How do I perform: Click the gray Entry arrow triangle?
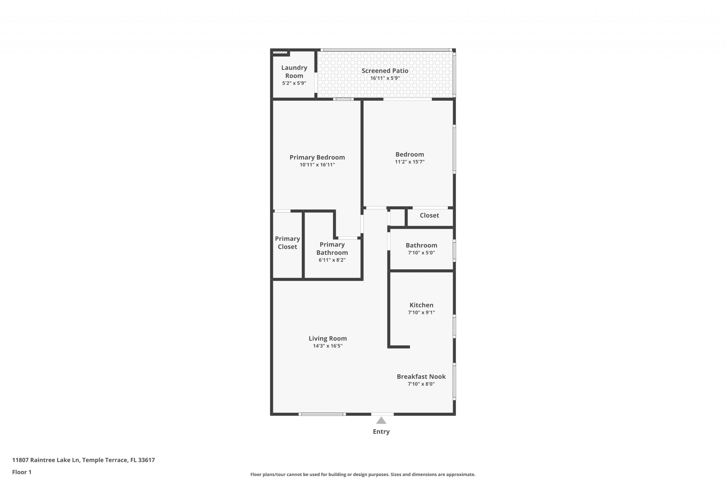coord(381,420)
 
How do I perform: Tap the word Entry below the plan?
coord(381,432)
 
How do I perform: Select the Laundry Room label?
coord(294,72)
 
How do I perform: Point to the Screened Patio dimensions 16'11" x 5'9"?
coord(385,78)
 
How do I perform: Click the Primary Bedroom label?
coord(317,157)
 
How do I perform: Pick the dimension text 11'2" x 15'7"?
coord(410,162)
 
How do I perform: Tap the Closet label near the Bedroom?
coord(429,215)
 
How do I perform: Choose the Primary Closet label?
coord(287,243)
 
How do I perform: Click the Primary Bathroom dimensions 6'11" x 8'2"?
coord(332,260)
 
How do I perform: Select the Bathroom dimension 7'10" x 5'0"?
coord(421,253)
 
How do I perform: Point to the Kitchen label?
coord(421,305)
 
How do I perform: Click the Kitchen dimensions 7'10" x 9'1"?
coord(421,312)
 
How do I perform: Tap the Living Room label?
coord(328,338)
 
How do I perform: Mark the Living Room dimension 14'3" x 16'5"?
coord(328,346)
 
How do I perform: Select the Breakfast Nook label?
coord(421,377)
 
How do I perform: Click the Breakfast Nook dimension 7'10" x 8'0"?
coord(421,384)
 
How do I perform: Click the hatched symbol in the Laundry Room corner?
coord(280,52)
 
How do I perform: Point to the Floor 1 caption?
coord(22,472)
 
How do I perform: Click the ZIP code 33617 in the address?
coord(146,460)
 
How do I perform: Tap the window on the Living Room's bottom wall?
coord(322,414)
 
